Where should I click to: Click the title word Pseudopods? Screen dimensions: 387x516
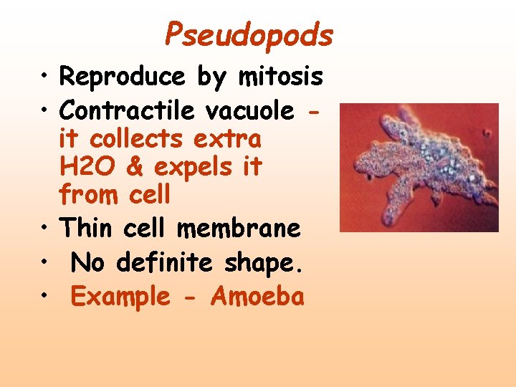pos(249,34)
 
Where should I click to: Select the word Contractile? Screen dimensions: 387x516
pos(127,110)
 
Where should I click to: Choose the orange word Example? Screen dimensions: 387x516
pos(120,297)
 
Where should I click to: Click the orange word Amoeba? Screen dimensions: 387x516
pos(257,297)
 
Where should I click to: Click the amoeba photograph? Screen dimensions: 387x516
pos(419,167)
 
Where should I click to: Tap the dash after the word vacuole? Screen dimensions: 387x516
pos(312,112)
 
